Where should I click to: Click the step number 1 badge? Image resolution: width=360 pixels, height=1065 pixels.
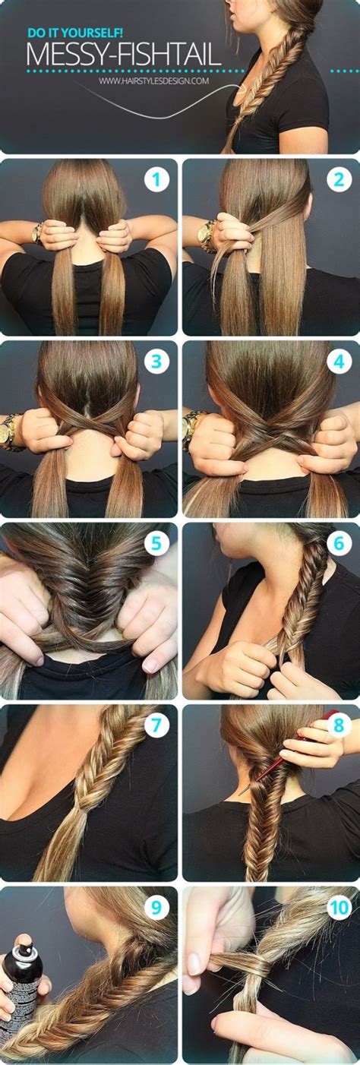tap(157, 180)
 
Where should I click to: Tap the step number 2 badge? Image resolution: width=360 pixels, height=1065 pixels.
tap(339, 180)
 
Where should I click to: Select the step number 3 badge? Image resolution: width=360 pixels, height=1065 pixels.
tap(157, 362)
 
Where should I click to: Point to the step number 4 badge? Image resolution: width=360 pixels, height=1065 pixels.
tap(339, 362)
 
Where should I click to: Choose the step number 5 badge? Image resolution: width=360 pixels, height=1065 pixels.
tap(157, 543)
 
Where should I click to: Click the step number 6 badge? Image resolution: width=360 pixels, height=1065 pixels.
tap(339, 543)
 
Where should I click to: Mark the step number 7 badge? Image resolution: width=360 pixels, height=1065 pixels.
tap(157, 725)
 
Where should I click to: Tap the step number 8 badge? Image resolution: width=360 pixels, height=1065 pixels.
tap(339, 725)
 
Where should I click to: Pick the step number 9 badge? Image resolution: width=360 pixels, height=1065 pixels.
tap(157, 907)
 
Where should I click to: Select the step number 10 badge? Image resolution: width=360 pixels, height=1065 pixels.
tap(339, 907)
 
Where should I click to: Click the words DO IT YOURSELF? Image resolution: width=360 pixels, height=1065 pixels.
tap(66, 33)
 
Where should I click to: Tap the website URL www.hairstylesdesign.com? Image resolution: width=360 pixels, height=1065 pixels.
tap(153, 80)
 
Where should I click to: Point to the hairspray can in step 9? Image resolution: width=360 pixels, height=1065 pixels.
tap(21, 988)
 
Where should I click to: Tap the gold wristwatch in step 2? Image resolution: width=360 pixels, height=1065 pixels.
tap(205, 235)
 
